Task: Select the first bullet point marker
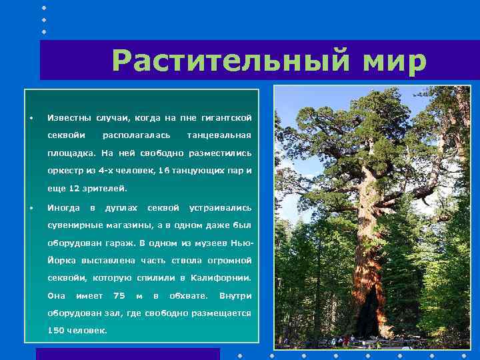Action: pyautogui.click(x=31, y=119)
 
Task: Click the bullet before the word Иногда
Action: pyautogui.click(x=31, y=208)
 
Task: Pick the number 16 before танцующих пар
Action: pyautogui.click(x=163, y=171)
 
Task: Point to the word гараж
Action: pyautogui.click(x=117, y=243)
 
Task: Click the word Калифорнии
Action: pyautogui.click(x=221, y=277)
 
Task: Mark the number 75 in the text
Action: pyautogui.click(x=119, y=295)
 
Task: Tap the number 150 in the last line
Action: pyautogui.click(x=55, y=331)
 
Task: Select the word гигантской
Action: pyautogui.click(x=226, y=118)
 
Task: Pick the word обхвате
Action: pyautogui.click(x=188, y=295)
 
